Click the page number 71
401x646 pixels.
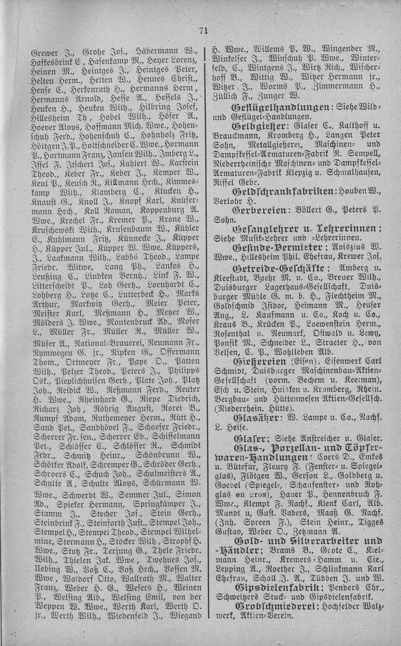203,31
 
